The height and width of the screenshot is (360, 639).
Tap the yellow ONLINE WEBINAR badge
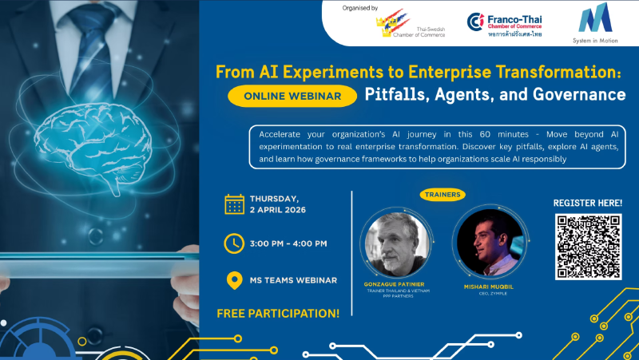(291, 96)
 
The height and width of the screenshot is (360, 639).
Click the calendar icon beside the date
(234, 205)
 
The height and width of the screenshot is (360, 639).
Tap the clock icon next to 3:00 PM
(234, 243)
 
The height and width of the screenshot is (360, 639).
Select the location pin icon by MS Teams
(234, 281)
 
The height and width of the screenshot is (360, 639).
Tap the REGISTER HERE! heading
(588, 203)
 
